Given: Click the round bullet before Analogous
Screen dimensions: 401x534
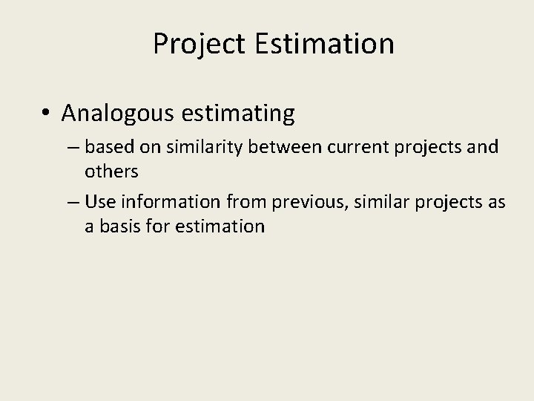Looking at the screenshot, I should [x=46, y=114].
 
